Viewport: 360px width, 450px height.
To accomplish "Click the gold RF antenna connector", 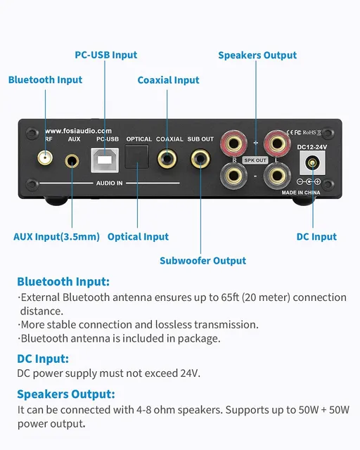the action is pyautogui.click(x=45, y=157).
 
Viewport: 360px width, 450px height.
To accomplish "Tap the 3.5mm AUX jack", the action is pyautogui.click(x=72, y=161).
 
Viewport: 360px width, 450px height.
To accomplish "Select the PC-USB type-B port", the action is pyautogui.click(x=105, y=160).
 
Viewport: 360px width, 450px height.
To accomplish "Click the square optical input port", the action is pyautogui.click(x=137, y=157).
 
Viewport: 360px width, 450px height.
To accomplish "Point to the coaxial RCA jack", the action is pyautogui.click(x=167, y=159).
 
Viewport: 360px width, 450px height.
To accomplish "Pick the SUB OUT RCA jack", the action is pyautogui.click(x=200, y=159).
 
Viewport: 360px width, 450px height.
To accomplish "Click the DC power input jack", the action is pyautogui.click(x=312, y=163).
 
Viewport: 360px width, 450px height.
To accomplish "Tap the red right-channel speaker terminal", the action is pyautogui.click(x=233, y=143).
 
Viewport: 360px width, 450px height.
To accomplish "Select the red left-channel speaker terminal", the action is pyautogui.click(x=277, y=143).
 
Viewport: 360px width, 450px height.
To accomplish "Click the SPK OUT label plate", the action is pyautogui.click(x=255, y=160).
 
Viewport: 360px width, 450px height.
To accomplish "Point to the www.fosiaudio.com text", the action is pyautogui.click(x=78, y=131).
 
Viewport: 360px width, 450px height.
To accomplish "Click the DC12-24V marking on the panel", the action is pyautogui.click(x=312, y=147).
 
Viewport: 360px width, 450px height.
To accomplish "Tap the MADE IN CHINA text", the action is pyautogui.click(x=301, y=193).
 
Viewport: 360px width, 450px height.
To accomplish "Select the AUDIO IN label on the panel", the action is pyautogui.click(x=110, y=183).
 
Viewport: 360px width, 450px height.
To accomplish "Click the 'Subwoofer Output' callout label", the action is pyautogui.click(x=202, y=261).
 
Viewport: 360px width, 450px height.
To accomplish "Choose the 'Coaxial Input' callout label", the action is pyautogui.click(x=168, y=80).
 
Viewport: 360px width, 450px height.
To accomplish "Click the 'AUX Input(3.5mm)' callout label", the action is pyautogui.click(x=56, y=237).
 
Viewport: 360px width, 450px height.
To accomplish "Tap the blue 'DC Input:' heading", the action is pyautogui.click(x=43, y=359).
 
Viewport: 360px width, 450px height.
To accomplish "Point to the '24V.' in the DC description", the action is pyautogui.click(x=190, y=373).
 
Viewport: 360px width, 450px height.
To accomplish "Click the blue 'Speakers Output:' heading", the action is pyautogui.click(x=66, y=394).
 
